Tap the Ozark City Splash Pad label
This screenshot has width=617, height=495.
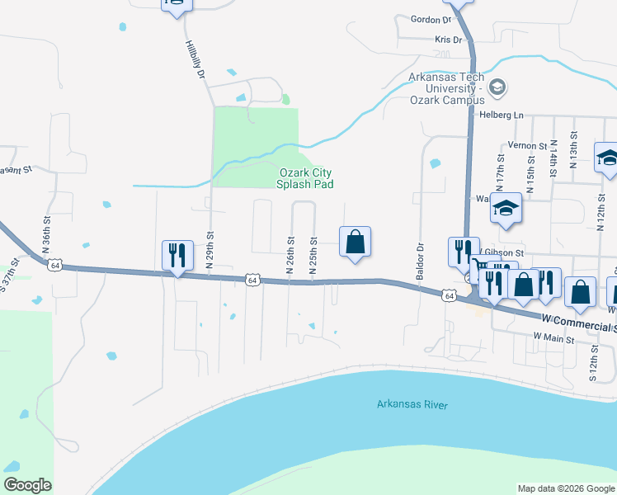tap(306, 178)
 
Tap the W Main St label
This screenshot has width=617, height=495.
tap(553, 337)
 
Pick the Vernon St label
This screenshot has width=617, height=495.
tap(528, 145)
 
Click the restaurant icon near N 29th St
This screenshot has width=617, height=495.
tap(177, 255)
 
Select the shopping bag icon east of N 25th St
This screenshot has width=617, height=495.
tap(355, 242)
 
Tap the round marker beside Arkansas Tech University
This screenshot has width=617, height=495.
tap(497, 87)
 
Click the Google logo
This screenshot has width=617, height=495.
tap(27, 484)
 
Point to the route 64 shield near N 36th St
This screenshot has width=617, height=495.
tap(54, 266)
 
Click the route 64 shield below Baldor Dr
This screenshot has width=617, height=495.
tap(448, 295)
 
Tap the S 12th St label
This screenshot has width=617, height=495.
tap(593, 360)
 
